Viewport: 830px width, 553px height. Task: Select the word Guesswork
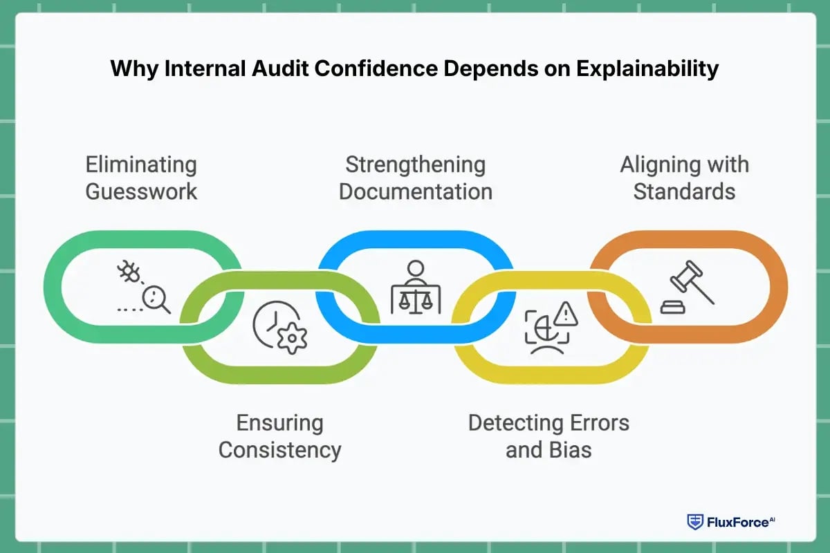coord(141,191)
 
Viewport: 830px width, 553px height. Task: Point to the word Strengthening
coord(415,165)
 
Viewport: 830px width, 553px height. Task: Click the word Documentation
coord(415,191)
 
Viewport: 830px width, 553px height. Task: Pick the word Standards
coord(684,191)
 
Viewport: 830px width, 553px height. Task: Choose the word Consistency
coord(280,449)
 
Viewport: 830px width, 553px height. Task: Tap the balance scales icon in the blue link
coord(415,299)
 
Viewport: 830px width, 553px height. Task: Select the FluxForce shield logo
coord(694,522)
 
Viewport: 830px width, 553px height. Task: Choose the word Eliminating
coord(141,165)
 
